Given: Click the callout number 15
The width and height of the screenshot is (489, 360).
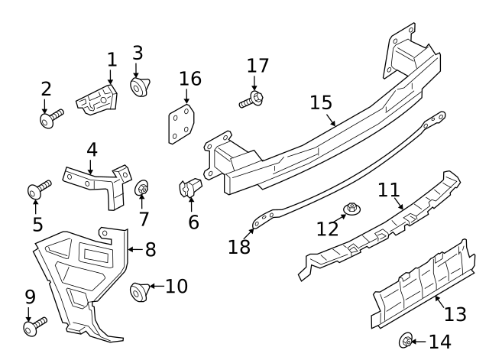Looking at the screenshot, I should point(321,102).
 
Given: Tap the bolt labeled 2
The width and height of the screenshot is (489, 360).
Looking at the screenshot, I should point(51,118).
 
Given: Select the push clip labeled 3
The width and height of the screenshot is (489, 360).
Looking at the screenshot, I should point(139,87).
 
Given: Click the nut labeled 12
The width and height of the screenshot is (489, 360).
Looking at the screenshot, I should point(352,208).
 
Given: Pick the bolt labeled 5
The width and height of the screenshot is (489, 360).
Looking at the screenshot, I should point(38,189).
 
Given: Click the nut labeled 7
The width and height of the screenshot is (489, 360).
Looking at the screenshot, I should point(142,188).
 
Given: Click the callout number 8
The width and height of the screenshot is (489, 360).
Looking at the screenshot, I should point(150,248).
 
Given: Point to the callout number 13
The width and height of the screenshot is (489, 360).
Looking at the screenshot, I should point(455,315).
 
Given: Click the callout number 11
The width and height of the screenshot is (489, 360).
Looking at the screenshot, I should point(390,190).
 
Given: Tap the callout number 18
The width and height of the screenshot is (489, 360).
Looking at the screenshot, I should point(238,246).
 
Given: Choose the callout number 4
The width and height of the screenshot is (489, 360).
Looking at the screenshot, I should point(92,149).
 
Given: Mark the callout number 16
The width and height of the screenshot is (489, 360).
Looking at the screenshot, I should point(190,78).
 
